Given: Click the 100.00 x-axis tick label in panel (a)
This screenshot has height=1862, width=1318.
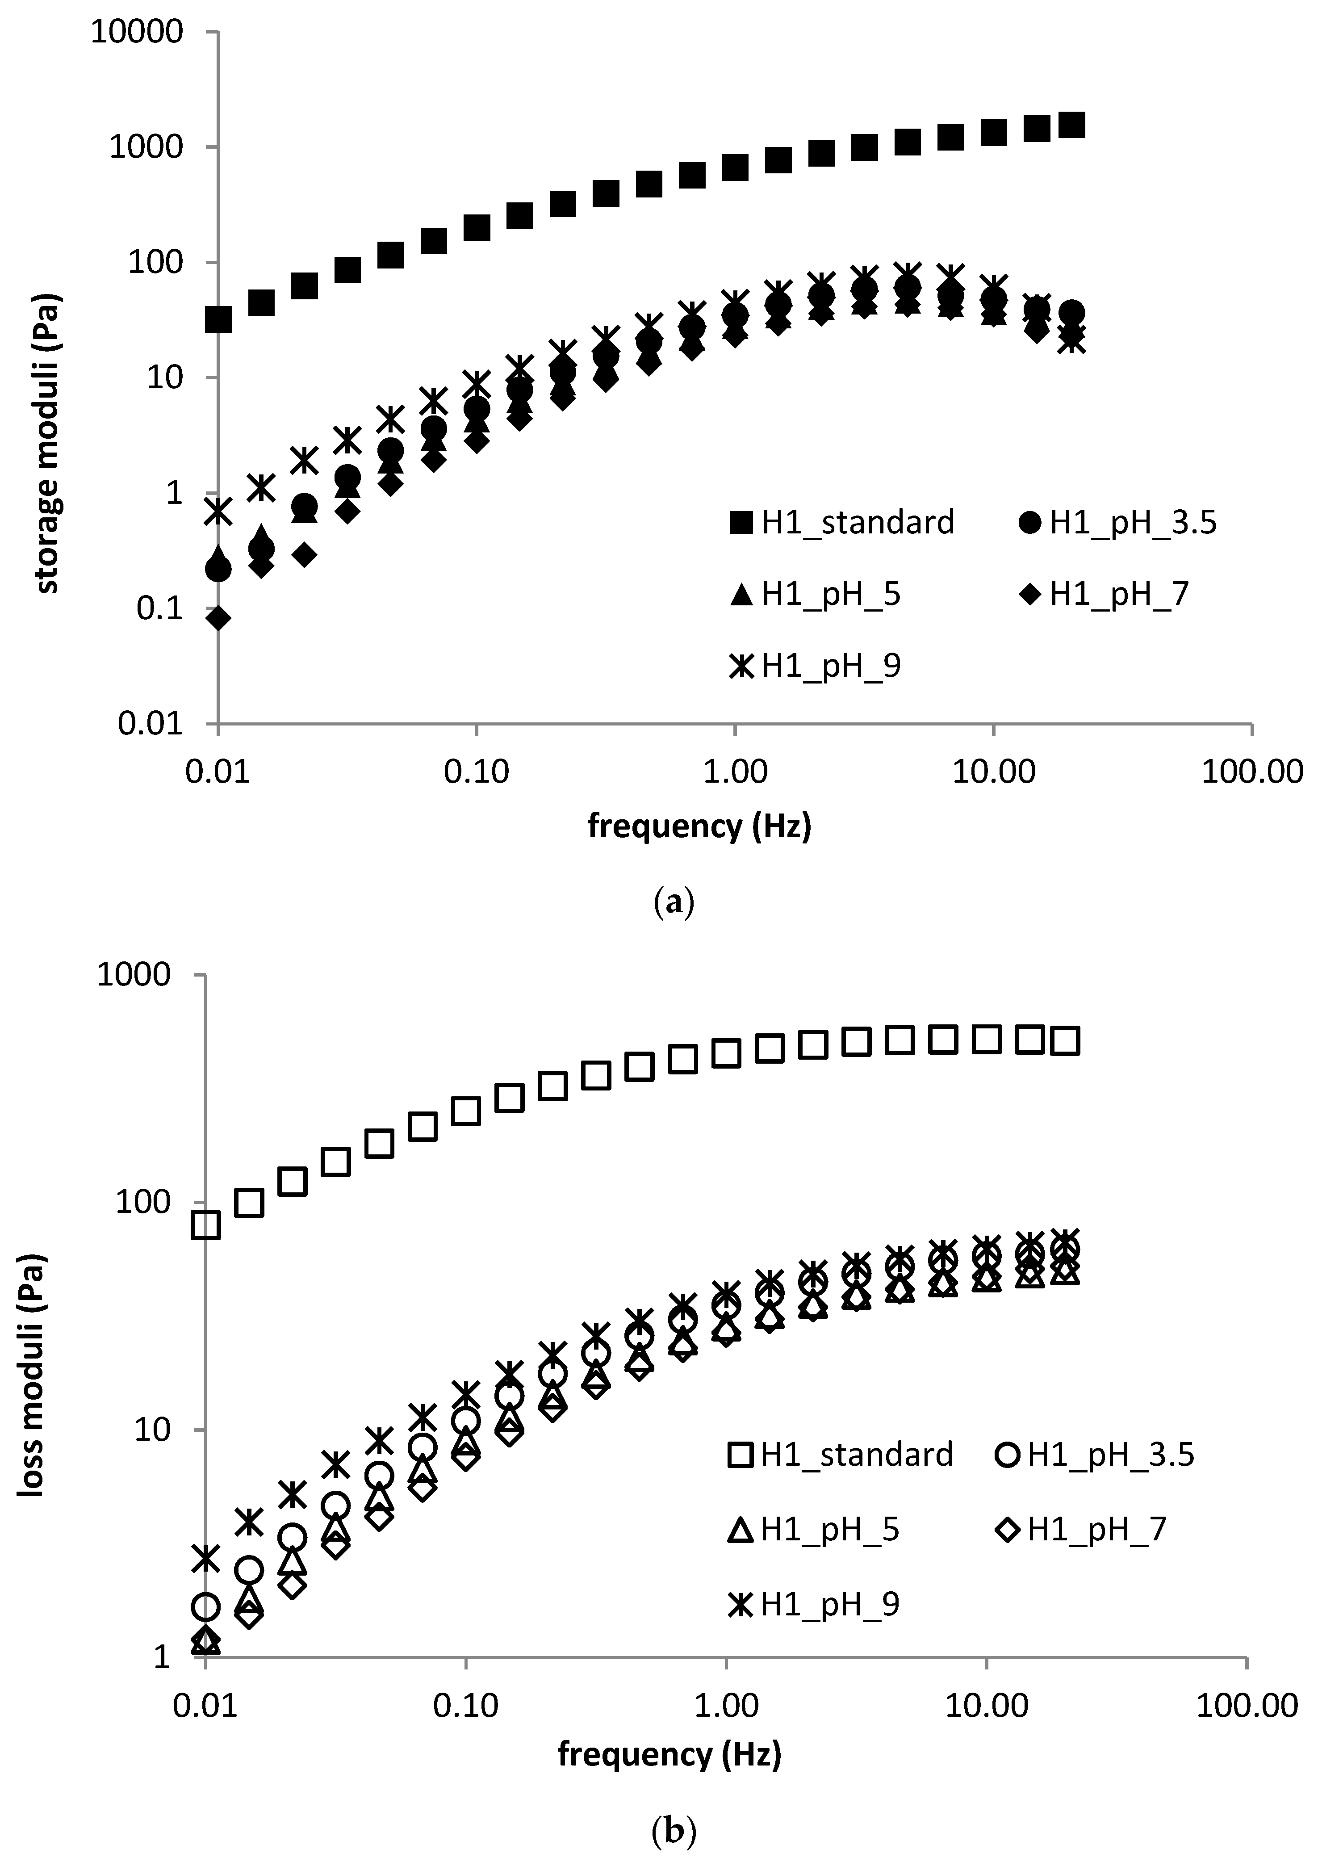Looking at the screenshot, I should (x=1251, y=772).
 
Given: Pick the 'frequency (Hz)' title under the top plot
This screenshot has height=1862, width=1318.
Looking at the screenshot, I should (x=699, y=826).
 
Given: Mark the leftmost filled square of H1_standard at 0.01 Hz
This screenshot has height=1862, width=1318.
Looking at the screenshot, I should (x=218, y=320).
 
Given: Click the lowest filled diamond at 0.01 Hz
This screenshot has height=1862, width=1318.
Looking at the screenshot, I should (x=218, y=618).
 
